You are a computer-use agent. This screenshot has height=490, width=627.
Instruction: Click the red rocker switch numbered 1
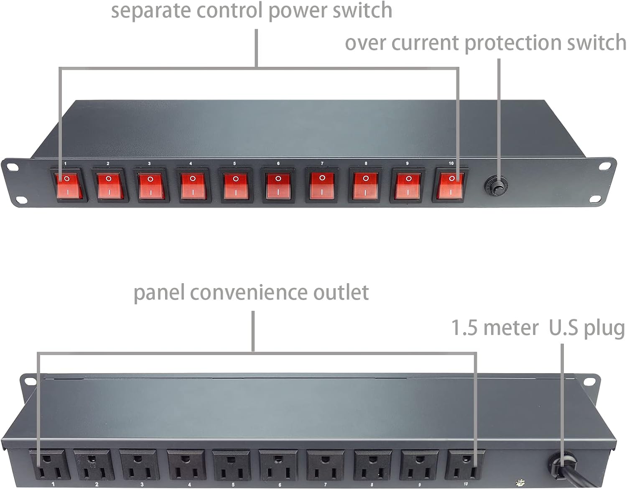pyautogui.click(x=69, y=185)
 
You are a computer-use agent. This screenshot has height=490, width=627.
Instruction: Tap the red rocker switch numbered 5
pyautogui.click(x=236, y=186)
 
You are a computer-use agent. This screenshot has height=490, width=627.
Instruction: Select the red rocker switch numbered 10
pyautogui.click(x=451, y=185)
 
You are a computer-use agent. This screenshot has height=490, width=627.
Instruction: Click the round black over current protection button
pyautogui.click(x=496, y=186)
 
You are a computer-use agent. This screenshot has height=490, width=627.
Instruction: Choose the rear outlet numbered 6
pyautogui.click(x=278, y=465)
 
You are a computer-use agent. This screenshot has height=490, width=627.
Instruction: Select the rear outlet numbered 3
pyautogui.click(x=138, y=465)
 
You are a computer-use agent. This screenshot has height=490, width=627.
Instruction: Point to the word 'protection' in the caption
pyautogui.click(x=514, y=43)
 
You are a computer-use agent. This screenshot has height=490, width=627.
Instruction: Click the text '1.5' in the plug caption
pyautogui.click(x=464, y=328)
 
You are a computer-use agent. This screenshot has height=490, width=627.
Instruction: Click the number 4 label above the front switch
pyautogui.click(x=191, y=164)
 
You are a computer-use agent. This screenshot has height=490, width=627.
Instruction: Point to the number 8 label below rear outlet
pyautogui.click(x=372, y=485)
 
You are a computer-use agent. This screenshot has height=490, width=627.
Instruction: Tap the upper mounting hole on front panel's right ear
pyautogui.click(x=604, y=166)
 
